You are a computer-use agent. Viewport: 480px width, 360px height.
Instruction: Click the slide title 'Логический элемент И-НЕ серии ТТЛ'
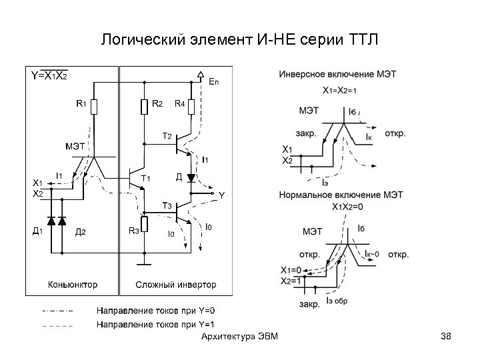[x=239, y=39]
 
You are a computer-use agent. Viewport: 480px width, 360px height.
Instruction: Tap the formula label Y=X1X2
[x=49, y=76]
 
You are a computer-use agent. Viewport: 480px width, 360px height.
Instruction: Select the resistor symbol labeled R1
[x=94, y=106]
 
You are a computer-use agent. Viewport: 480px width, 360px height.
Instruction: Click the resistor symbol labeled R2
[x=144, y=106]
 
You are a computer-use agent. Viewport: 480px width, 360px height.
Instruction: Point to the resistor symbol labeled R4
[x=191, y=106]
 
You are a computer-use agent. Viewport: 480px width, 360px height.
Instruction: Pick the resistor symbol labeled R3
[x=144, y=225]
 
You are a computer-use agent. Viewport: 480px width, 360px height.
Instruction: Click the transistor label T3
[x=167, y=204]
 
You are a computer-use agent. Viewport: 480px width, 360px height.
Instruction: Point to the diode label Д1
[x=39, y=231]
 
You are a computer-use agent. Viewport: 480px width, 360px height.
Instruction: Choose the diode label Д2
[x=80, y=231]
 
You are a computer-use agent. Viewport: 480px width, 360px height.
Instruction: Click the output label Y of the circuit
[x=222, y=195]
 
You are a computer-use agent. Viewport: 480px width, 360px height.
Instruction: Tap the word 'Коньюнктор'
[x=72, y=285]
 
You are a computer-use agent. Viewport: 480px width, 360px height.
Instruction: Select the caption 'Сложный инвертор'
[x=176, y=285]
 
